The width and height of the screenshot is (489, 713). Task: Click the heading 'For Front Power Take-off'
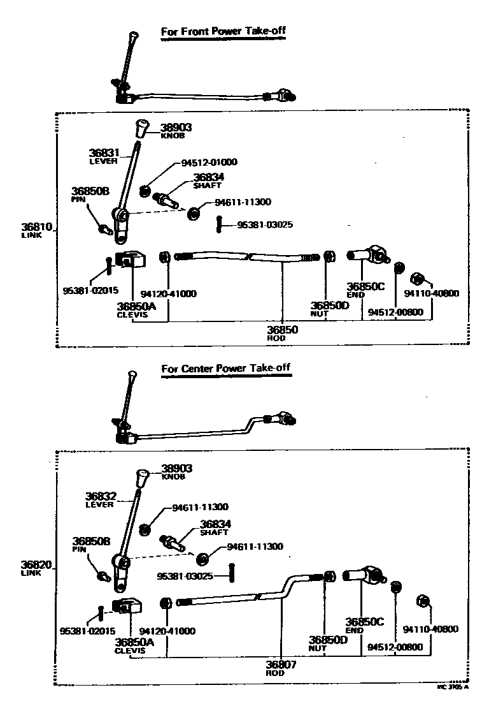[222, 33]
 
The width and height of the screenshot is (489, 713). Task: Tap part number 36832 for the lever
[100, 496]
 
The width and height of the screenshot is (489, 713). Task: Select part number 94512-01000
[205, 163]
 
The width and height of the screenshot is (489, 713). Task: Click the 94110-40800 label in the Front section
[431, 294]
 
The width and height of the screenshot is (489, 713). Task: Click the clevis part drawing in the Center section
[127, 605]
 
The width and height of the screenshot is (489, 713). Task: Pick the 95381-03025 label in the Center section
[185, 576]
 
